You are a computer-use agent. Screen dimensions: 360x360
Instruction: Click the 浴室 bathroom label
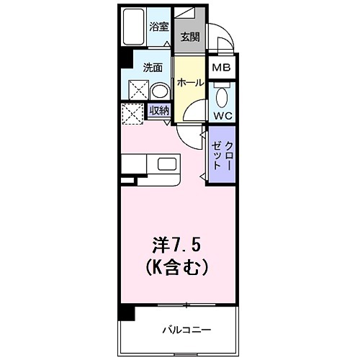pyautogui.click(x=159, y=27)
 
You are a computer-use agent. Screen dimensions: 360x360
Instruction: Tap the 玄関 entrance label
pyautogui.click(x=189, y=37)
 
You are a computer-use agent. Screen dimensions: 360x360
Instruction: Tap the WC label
pyautogui.click(x=222, y=114)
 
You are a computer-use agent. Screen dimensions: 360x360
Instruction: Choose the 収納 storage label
pyautogui.click(x=159, y=110)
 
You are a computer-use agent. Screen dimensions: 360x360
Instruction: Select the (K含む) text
pyautogui.click(x=178, y=268)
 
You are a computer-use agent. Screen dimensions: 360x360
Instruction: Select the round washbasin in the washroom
pyautogui.click(x=160, y=91)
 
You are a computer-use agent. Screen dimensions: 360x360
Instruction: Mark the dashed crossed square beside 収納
pyautogui.click(x=132, y=114)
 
